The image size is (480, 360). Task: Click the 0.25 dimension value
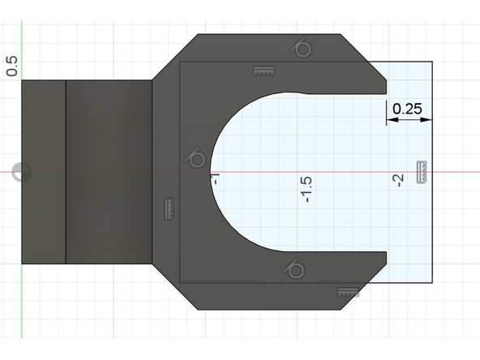coord(407,108)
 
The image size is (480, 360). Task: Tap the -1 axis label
coord(216,176)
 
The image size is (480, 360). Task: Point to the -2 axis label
coord(398,181)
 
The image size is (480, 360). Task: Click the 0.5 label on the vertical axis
coord(11,66)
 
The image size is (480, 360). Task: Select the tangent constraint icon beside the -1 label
coord(195,157)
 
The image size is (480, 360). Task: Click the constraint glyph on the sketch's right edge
coord(422,172)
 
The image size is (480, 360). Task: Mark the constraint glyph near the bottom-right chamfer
coord(349,290)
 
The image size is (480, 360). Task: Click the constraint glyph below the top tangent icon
coord(262,71)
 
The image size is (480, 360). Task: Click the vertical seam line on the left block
coord(66,172)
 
